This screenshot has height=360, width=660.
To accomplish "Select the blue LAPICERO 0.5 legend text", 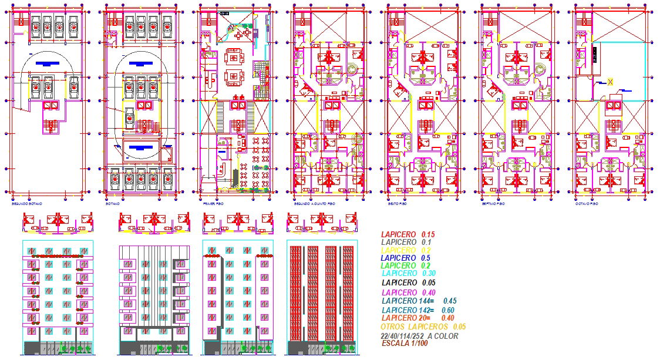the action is point(406,258).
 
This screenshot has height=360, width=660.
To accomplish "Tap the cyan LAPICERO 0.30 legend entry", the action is point(409,273).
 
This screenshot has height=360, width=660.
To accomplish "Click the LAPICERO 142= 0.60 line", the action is point(418,310).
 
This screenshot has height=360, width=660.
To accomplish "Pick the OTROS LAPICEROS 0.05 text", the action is point(423,327).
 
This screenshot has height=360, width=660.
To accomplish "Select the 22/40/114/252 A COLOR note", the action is point(419,335).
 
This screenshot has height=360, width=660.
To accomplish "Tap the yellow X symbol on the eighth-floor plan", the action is point(611,82).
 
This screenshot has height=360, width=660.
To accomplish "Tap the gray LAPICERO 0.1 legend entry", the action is point(406,242).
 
